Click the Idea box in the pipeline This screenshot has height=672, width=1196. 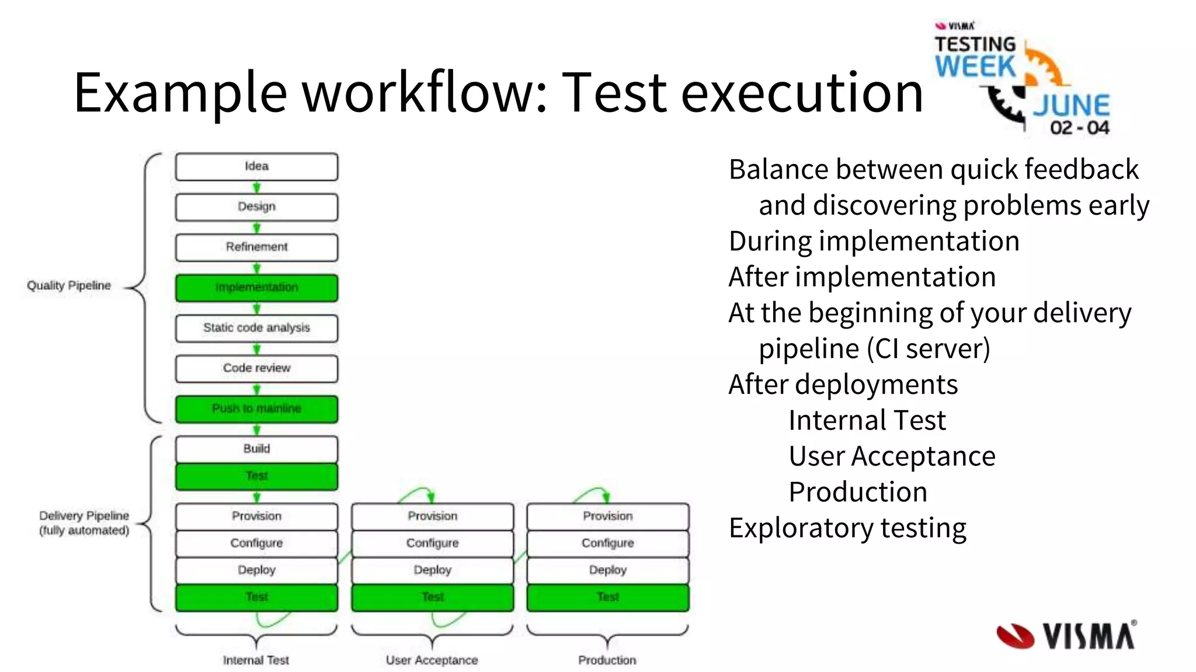point(256,166)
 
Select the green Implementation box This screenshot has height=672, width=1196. point(256,288)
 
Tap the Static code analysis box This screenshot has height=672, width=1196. point(256,328)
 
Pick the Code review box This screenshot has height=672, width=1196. point(256,368)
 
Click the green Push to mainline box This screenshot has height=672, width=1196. point(256,408)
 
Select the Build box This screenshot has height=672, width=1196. point(256,449)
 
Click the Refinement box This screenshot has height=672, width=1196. point(256,247)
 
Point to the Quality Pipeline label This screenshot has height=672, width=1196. point(69,285)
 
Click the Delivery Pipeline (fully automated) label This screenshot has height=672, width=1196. point(84,523)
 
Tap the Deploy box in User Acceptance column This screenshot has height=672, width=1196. point(432,570)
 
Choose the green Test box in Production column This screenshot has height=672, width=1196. point(608,597)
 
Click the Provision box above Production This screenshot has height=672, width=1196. point(608,516)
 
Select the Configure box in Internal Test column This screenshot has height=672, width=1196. point(256,543)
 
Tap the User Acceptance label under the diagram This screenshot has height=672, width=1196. point(432,660)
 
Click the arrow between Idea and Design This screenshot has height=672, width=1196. point(256,187)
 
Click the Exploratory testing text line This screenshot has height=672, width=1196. point(847,528)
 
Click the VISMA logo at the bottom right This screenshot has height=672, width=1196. point(1066,635)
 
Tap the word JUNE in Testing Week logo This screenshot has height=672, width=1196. point(1071,106)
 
